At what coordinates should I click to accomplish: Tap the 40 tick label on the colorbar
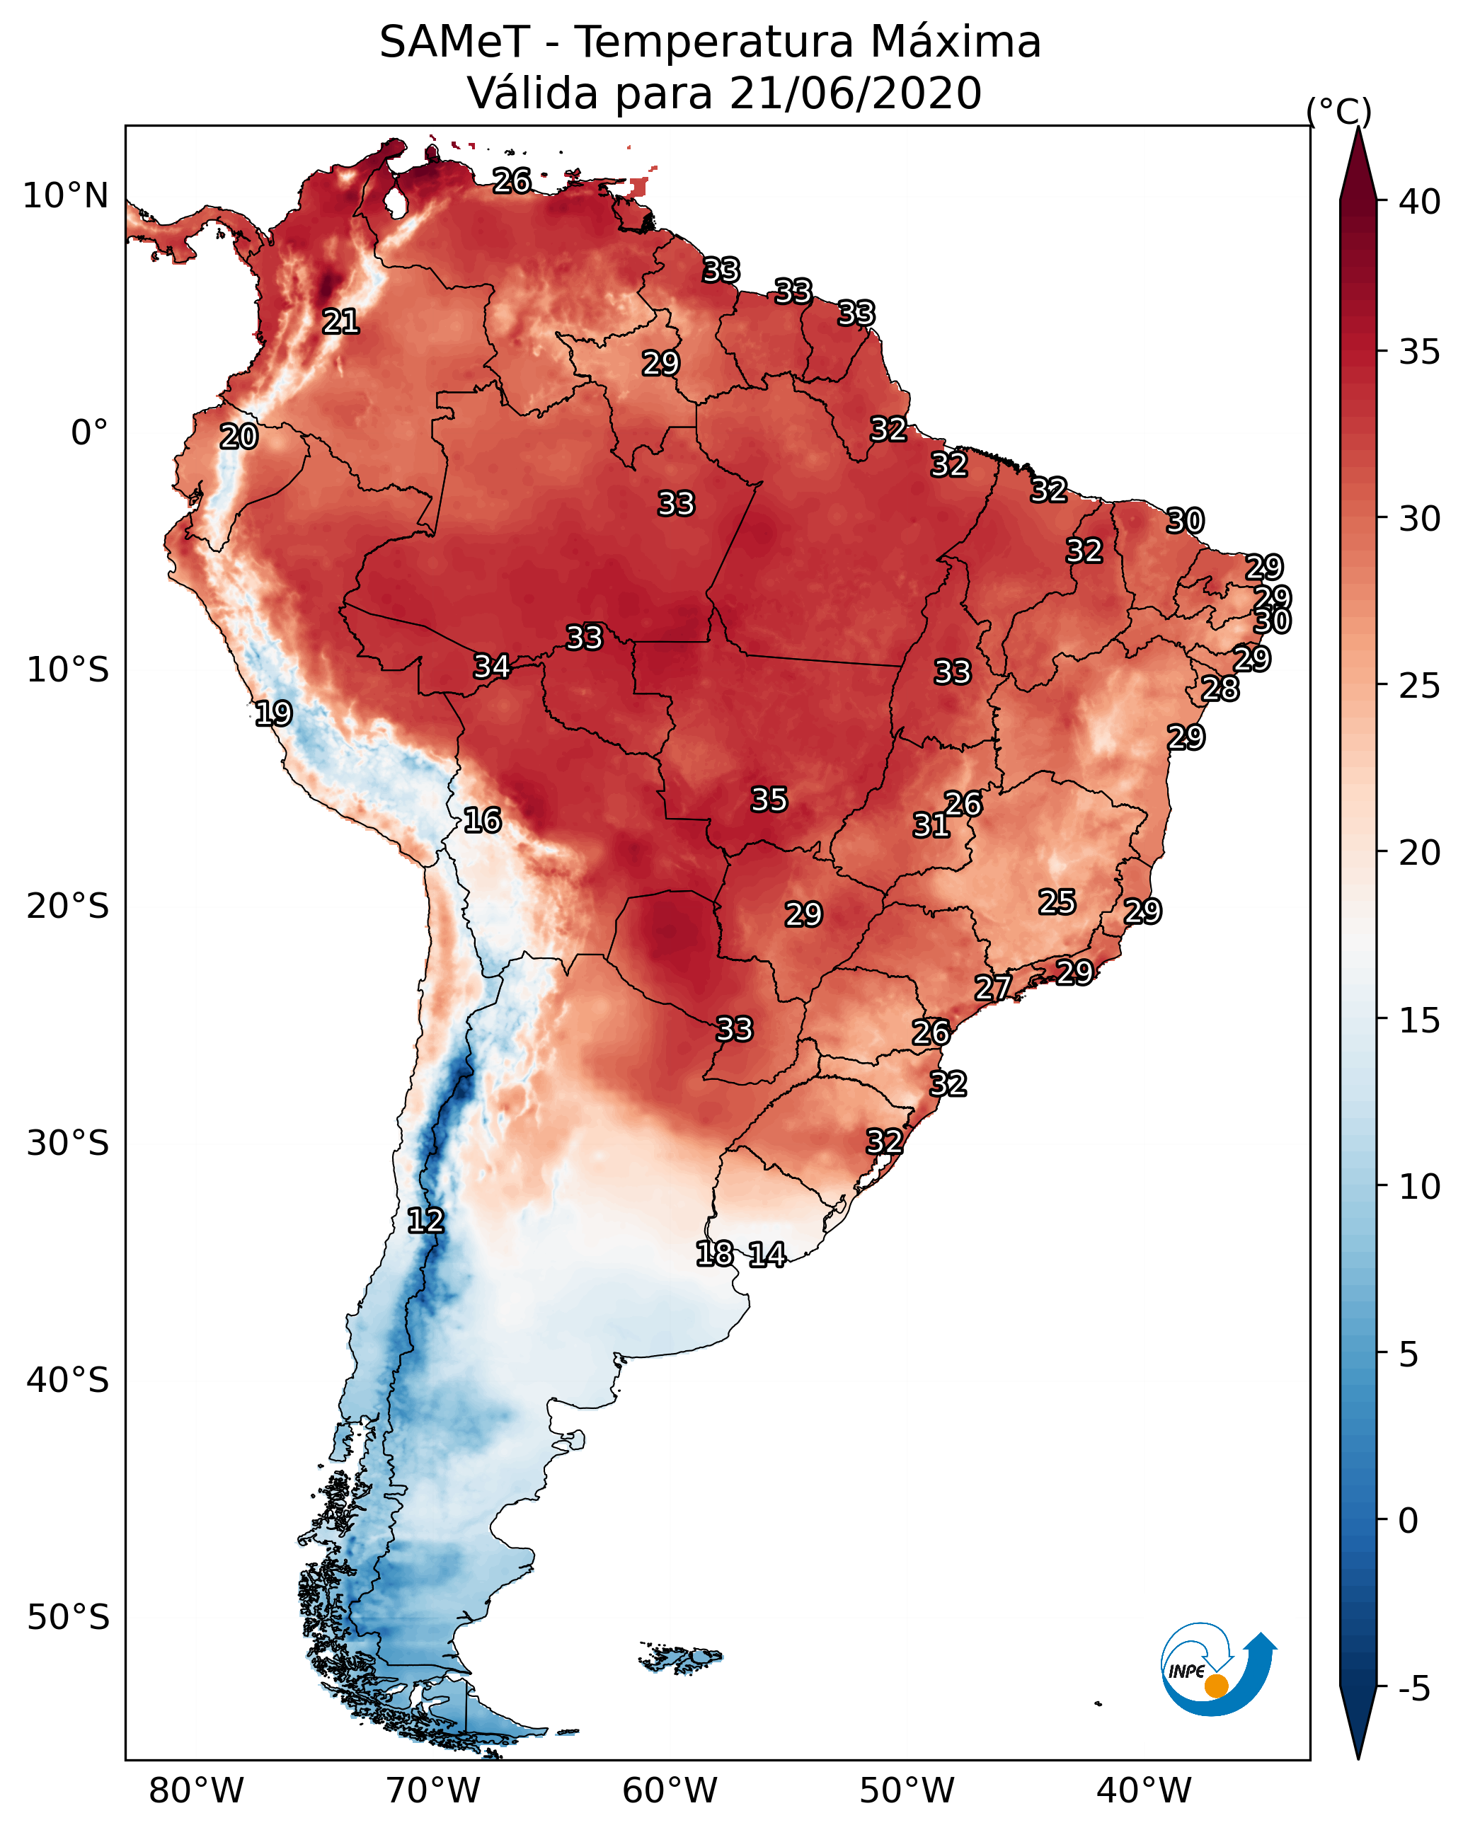click(1420, 202)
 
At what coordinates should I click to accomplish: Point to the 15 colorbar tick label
click(1420, 1020)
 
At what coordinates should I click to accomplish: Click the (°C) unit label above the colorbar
click(1339, 111)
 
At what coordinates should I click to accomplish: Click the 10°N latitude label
click(65, 196)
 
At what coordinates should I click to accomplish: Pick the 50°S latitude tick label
click(68, 1618)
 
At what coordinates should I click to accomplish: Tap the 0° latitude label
click(89, 433)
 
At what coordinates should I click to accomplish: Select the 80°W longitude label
click(196, 1790)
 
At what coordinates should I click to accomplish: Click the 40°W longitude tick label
click(1144, 1790)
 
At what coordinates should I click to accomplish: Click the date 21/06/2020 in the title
click(855, 93)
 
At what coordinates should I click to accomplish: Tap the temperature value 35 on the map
click(769, 800)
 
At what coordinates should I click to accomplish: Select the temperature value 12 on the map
click(425, 1221)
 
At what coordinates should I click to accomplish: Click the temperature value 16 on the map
click(482, 820)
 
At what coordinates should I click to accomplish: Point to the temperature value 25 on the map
click(1057, 902)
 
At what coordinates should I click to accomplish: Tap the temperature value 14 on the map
click(767, 1255)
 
